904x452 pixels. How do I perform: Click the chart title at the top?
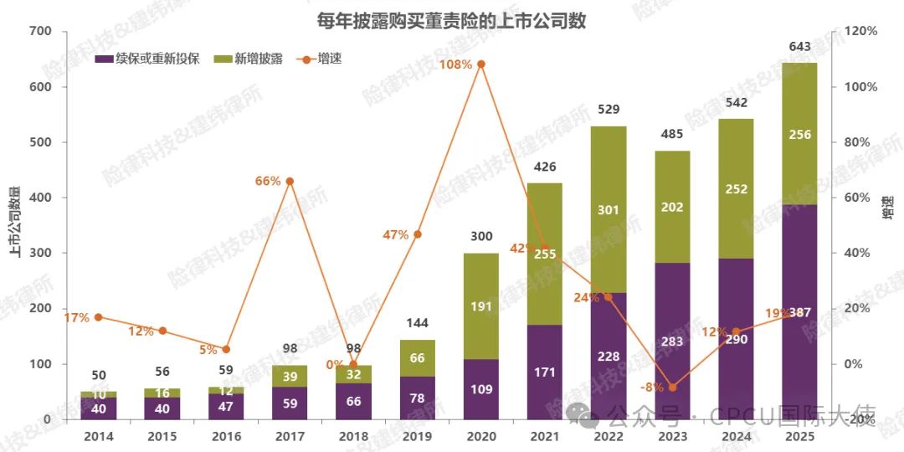451,21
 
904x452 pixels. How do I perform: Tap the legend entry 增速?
329,59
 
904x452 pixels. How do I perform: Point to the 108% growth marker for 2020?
481,64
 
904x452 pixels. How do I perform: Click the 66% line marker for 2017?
290,181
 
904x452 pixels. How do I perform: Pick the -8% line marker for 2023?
672,388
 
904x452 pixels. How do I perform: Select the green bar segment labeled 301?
609,209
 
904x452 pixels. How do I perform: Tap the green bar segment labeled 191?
481,306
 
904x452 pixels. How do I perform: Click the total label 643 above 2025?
799,47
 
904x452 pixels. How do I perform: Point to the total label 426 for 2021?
545,167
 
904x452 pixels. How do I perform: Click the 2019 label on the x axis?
417,436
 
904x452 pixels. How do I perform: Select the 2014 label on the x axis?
99,436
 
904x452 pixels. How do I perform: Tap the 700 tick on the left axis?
40,32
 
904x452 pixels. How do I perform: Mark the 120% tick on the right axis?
860,32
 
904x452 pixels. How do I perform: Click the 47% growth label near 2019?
395,235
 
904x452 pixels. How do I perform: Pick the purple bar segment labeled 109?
481,389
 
